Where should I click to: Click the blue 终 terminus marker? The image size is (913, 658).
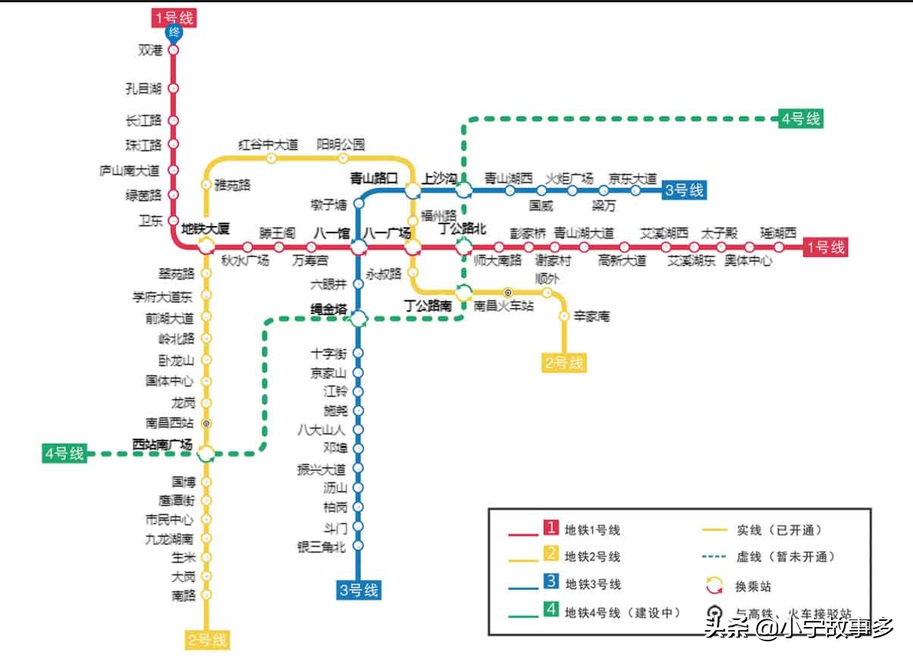pos(174,33)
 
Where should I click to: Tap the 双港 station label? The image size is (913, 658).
pos(150,51)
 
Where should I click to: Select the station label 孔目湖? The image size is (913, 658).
pos(144,89)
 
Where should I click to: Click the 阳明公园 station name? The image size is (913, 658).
pos(340,144)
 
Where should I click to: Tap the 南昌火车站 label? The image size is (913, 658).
pos(504,306)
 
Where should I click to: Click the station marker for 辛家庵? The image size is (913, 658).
pos(564,316)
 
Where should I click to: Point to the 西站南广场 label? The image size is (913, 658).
pos(162,444)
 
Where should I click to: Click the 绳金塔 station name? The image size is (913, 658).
pos(329,309)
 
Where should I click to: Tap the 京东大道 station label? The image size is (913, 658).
pos(633,179)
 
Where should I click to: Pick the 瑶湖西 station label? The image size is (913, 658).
pos(779,233)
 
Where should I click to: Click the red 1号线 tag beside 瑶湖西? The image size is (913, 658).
pos(825,246)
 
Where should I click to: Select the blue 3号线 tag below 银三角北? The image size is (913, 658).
pos(359,590)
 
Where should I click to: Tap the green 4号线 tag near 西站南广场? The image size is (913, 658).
pos(64,453)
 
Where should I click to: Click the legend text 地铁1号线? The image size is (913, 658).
pos(593,531)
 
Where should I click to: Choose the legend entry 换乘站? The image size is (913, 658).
pos(753,586)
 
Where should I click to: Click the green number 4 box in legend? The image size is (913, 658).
pos(551,610)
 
